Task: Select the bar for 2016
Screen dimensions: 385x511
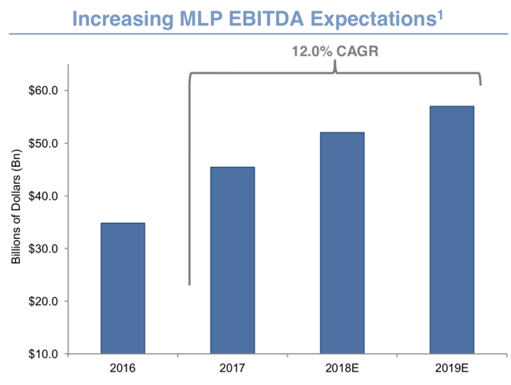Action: pyautogui.click(x=123, y=288)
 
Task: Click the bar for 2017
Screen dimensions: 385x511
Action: pyautogui.click(x=232, y=260)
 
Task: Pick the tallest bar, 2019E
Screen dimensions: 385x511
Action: pyautogui.click(x=451, y=230)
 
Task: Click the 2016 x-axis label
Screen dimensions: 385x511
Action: pyautogui.click(x=123, y=370)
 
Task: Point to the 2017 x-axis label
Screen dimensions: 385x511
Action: pyautogui.click(x=232, y=370)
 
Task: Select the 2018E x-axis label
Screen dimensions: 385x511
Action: pyautogui.click(x=342, y=370)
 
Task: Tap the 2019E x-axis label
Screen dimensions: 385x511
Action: pyautogui.click(x=451, y=370)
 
